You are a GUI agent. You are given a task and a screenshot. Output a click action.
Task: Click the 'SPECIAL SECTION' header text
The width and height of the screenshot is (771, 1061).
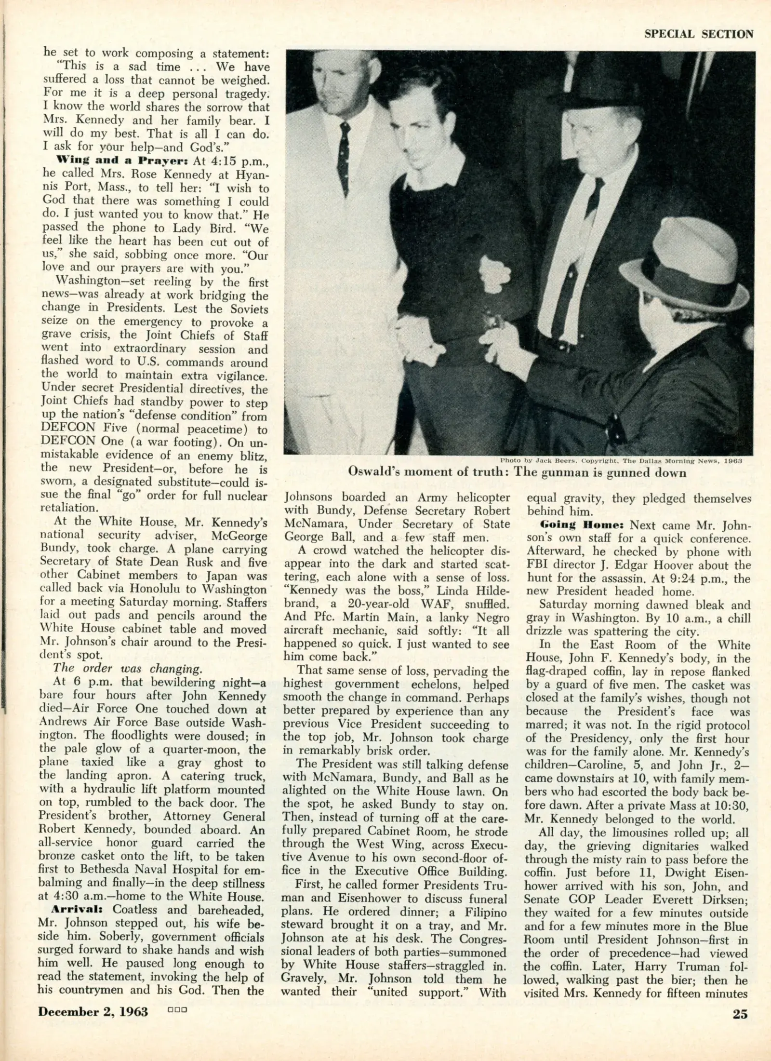click(x=699, y=34)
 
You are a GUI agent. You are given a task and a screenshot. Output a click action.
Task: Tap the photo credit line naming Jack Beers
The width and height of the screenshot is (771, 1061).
click(x=621, y=460)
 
